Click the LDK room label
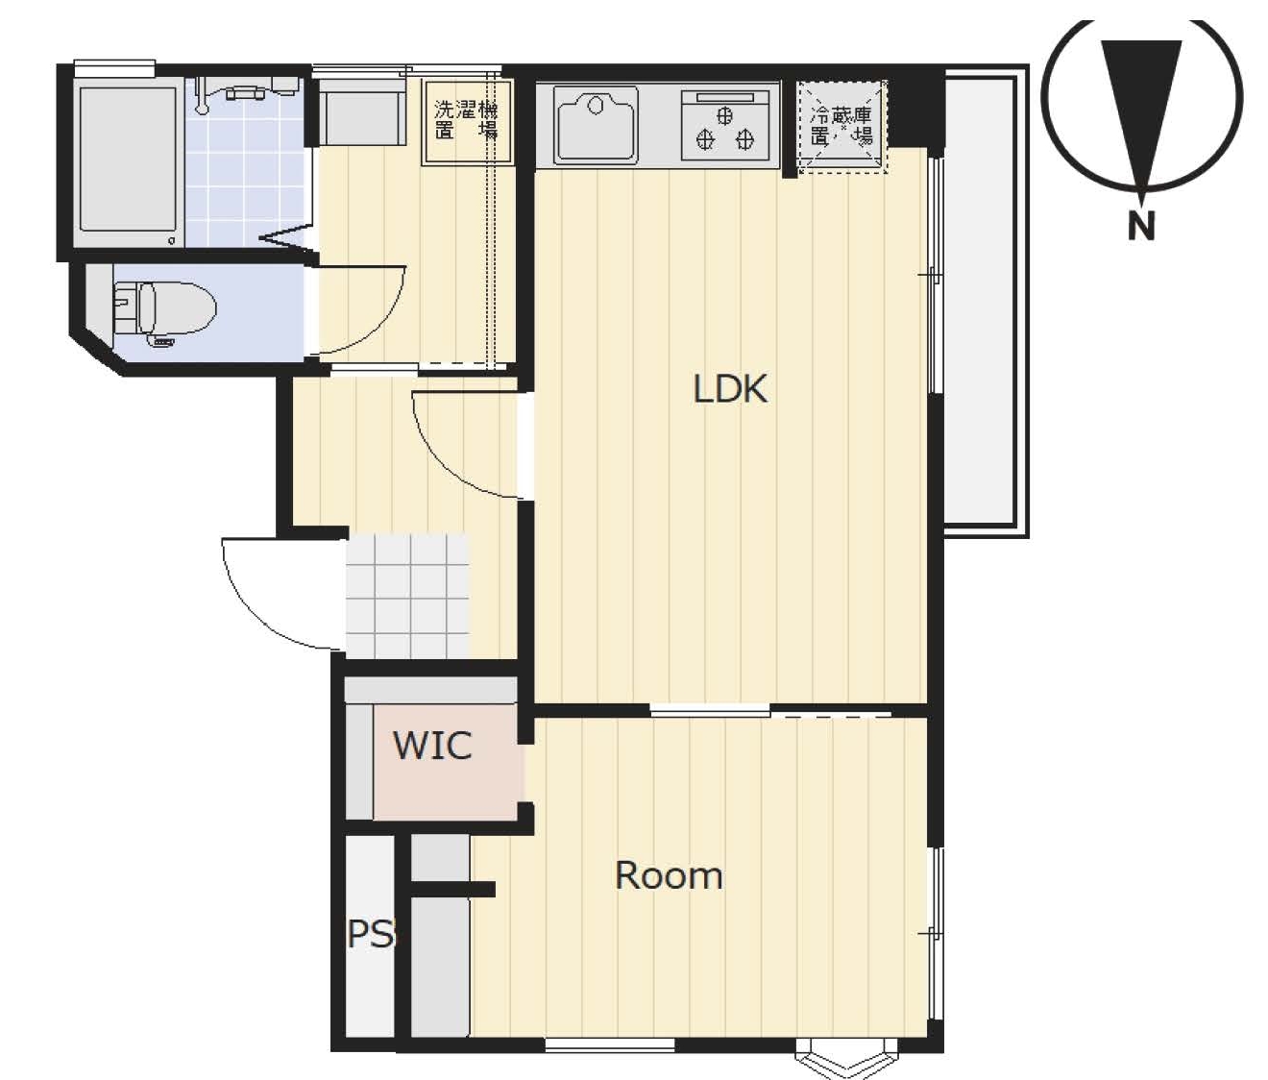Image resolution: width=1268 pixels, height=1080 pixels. (x=730, y=388)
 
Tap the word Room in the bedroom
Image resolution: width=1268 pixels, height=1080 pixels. (x=669, y=875)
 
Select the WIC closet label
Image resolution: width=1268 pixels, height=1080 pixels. (x=432, y=746)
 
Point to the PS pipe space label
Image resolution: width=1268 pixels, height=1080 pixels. (x=370, y=934)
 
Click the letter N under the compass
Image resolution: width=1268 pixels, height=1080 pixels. (x=1141, y=225)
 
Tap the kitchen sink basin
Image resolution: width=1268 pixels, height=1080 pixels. (x=596, y=125)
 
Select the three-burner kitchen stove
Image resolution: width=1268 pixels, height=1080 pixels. (x=725, y=125)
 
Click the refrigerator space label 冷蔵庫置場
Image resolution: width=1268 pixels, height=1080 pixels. (x=841, y=126)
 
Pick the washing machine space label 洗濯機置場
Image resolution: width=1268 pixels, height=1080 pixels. (x=466, y=120)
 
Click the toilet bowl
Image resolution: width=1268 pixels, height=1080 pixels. (x=165, y=313)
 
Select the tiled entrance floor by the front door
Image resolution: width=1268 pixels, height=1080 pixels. (x=407, y=596)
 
